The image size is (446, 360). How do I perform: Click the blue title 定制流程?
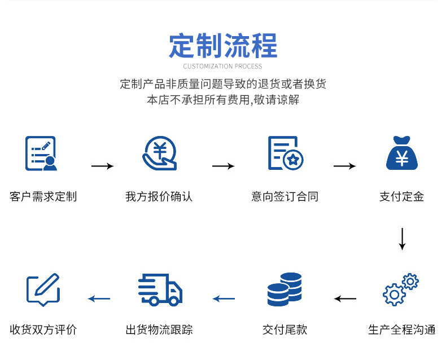223,46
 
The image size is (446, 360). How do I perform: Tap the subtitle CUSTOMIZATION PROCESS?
222,67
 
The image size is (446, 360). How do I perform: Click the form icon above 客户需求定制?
41,153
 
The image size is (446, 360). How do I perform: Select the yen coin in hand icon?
160,153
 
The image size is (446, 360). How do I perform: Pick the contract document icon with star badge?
286,153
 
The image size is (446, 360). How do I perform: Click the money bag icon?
401,153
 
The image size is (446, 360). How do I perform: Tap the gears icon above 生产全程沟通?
400,289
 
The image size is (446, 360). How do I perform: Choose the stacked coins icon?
285,289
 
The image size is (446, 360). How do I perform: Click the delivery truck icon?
160,290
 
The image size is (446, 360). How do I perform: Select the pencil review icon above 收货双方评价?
43,289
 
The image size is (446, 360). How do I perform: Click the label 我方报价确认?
159,197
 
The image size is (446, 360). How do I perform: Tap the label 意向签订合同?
285,197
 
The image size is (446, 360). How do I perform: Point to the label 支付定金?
401,197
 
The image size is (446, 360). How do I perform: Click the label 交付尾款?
285,330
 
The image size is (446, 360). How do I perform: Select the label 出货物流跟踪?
159,330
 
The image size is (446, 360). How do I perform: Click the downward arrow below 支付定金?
402,239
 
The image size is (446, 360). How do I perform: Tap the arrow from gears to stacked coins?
345,298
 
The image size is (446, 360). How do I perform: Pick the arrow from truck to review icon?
99,298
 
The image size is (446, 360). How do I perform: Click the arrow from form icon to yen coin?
102,166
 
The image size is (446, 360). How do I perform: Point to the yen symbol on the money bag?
402,158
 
